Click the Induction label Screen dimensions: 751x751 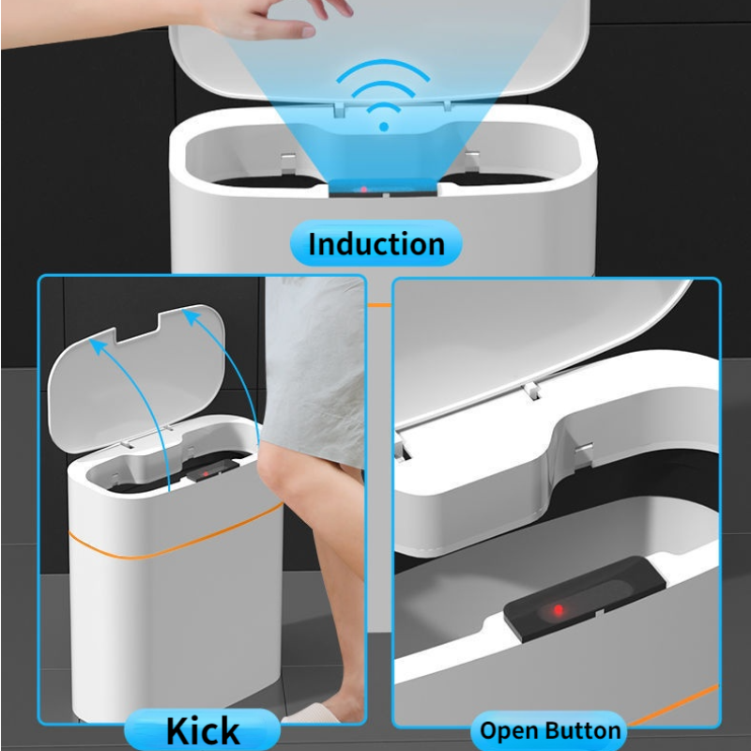(x=376, y=244)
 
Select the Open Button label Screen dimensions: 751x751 (x=550, y=730)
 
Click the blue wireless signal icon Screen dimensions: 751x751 (x=381, y=95)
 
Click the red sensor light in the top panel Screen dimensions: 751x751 (x=363, y=191)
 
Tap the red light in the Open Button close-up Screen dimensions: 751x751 (x=558, y=610)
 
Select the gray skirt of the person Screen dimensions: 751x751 (x=314, y=375)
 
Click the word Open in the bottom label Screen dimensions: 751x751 (x=513, y=730)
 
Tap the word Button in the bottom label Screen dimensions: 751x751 (x=582, y=730)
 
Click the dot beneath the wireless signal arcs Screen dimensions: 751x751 (x=382, y=125)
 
